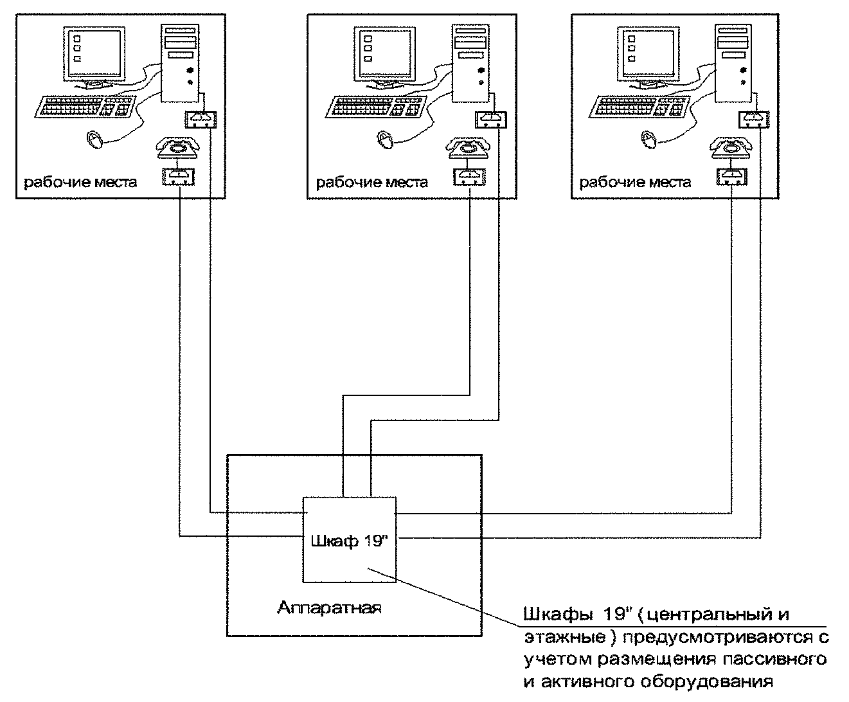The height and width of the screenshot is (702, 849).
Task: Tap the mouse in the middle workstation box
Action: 384,139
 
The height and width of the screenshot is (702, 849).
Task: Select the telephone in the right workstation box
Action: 730,147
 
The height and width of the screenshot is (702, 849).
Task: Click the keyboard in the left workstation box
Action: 85,107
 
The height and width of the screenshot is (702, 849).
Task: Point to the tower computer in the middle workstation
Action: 470,63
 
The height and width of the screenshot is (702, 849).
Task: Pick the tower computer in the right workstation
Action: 733,63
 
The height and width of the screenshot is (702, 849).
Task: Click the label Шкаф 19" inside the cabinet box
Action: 349,541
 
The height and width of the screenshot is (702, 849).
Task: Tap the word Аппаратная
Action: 329,608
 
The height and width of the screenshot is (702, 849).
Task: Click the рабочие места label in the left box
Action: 80,182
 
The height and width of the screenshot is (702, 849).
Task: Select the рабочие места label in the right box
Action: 635,182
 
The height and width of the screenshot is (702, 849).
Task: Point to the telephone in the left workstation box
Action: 177,147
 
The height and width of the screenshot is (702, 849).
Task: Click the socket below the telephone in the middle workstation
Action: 469,177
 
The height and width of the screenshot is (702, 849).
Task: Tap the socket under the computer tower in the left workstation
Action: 201,120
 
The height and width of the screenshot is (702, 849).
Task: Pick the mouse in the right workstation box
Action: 648,139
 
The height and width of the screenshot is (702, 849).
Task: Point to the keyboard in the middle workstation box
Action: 376,107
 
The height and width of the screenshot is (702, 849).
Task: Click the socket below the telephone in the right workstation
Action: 732,177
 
